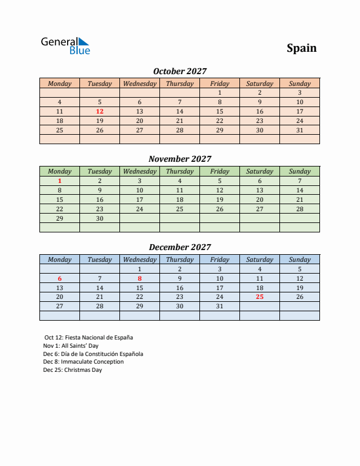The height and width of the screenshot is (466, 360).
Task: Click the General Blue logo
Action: coord(65,46)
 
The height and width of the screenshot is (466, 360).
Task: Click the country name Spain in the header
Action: coord(301,48)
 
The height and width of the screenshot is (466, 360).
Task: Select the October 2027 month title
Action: coord(179,71)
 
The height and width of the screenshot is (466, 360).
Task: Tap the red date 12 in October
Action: coord(99,111)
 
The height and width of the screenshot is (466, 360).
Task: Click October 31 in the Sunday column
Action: coord(299,130)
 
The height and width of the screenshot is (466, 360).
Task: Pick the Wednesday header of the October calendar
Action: coord(139,84)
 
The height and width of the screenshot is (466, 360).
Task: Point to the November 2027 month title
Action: coord(179,159)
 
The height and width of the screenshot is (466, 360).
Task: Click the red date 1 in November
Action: coord(59,181)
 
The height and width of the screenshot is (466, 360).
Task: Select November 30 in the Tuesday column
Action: coord(99,218)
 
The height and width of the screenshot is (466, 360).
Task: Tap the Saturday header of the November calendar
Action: coord(259,171)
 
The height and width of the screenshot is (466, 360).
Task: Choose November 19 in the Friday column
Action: coord(219,199)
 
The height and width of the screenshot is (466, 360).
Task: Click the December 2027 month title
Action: coord(179,247)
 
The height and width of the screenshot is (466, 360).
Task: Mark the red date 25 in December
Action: coord(259,297)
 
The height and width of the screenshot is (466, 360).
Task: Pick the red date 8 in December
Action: coord(139,278)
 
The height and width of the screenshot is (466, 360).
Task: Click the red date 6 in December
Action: coord(59,278)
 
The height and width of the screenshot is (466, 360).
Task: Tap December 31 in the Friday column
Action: coord(219,306)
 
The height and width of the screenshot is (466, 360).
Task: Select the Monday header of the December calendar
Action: coord(59,259)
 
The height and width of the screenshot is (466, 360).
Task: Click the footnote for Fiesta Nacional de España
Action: coord(89,338)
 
